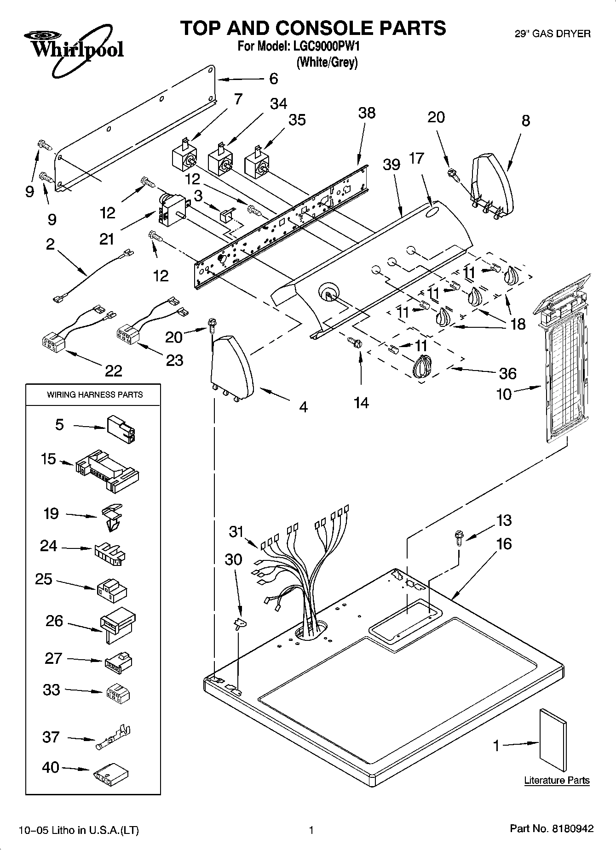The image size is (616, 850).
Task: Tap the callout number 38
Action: (x=367, y=113)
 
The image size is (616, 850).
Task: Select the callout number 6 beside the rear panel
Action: (x=273, y=79)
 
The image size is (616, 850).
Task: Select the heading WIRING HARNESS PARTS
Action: (x=95, y=394)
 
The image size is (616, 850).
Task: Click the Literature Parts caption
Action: (x=557, y=780)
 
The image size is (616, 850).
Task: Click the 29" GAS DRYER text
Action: (x=552, y=34)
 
